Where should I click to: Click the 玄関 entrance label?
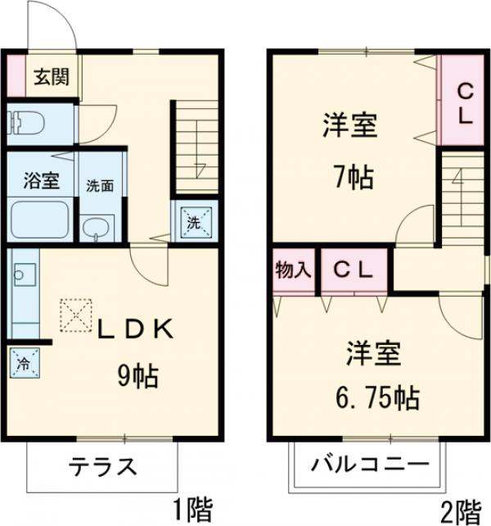tap(50, 79)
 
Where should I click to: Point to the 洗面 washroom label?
tap(101, 185)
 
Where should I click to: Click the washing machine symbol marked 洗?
tap(194, 220)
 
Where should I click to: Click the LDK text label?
tap(135, 329)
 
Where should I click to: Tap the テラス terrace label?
tap(101, 468)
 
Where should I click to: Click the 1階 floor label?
tap(191, 510)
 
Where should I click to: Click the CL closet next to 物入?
tap(353, 270)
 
